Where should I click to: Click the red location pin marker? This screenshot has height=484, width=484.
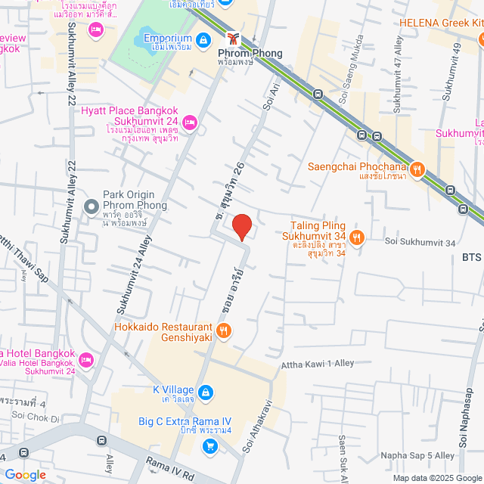point(241,227)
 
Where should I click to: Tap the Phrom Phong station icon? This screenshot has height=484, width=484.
point(234,38)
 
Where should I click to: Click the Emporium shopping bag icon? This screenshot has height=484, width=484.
point(203,39)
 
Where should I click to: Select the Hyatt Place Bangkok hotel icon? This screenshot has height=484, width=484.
point(189,120)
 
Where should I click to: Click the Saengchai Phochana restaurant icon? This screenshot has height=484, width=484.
point(417,169)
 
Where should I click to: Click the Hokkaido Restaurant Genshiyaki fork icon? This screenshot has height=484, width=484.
point(223,330)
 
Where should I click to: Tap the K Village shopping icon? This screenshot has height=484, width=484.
point(207,392)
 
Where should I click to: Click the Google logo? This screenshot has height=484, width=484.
point(25,475)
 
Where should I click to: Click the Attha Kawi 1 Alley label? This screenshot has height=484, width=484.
point(318,364)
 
